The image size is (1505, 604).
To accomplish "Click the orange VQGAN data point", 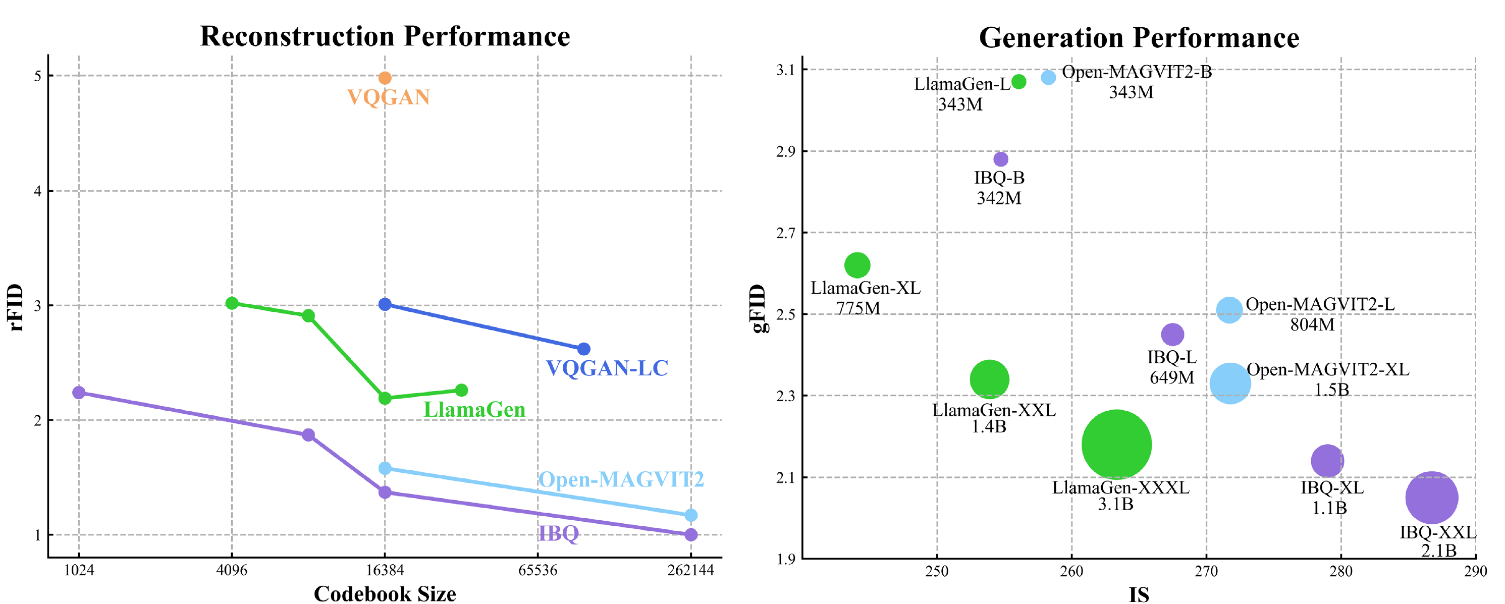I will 385,78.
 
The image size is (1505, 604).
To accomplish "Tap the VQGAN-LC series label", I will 607,368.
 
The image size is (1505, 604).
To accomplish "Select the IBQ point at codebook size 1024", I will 79,393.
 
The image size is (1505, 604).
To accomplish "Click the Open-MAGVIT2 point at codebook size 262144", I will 690,515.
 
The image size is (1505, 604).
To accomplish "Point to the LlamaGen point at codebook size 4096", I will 232,303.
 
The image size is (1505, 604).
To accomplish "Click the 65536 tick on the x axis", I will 537,571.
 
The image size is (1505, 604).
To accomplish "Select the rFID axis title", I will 16,308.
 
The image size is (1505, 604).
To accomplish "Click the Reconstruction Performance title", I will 385,36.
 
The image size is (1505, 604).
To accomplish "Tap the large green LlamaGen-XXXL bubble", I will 1116,445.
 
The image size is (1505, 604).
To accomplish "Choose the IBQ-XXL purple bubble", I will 1431,498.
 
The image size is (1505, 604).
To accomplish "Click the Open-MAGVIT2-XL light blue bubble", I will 1230,383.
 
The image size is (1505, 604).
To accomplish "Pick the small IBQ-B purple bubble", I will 1001,159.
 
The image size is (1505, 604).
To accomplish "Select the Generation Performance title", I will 1139,38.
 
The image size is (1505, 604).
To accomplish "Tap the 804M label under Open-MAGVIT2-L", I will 1312,325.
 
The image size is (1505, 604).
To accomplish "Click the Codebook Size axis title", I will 385,593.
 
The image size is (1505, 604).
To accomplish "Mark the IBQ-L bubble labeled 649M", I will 1172,335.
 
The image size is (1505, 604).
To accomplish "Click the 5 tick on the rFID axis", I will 38,76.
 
